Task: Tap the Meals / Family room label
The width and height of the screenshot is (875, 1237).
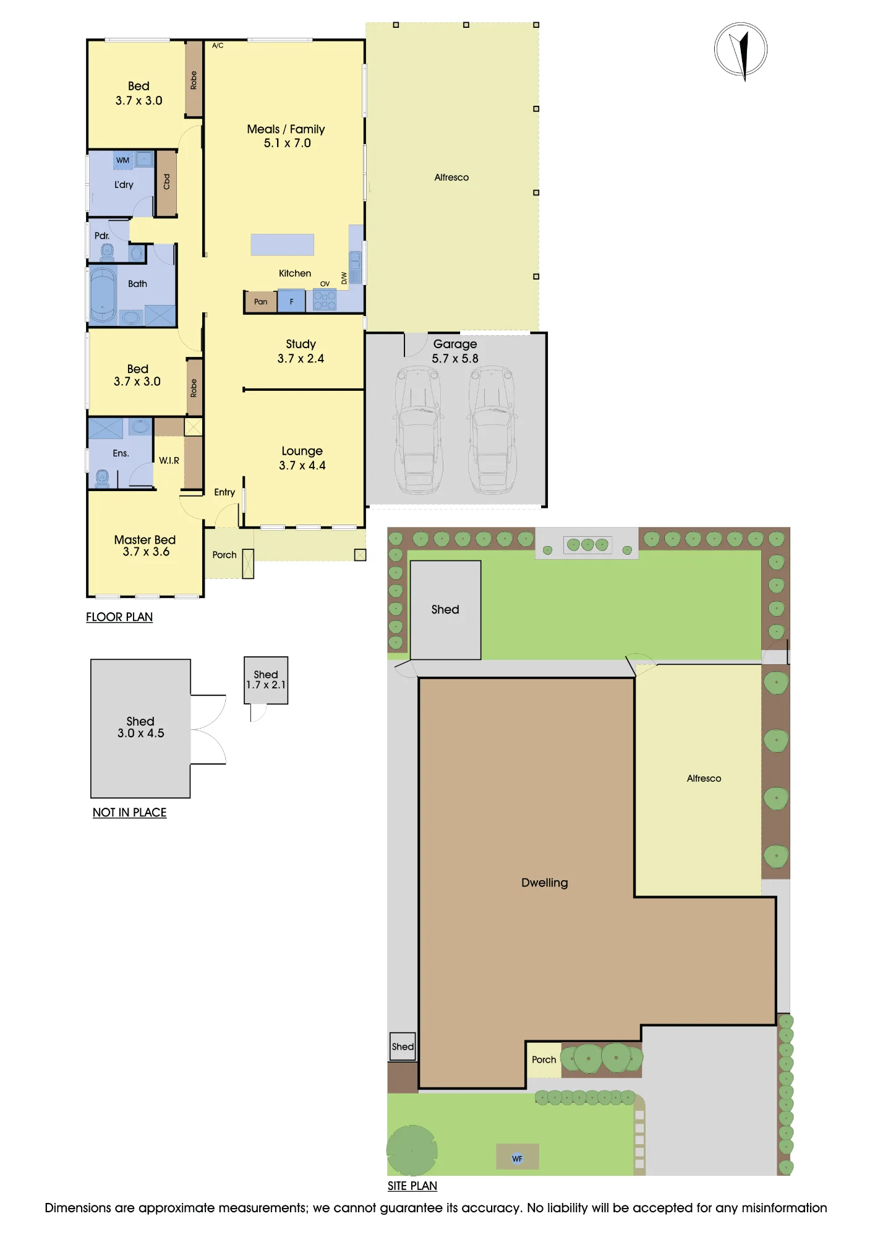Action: (286, 129)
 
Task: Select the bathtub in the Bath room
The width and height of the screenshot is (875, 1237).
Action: (103, 295)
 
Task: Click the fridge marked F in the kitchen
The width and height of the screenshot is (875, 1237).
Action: (291, 302)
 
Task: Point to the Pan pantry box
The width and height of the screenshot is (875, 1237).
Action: (260, 302)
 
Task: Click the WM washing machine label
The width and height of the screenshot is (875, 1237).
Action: (123, 160)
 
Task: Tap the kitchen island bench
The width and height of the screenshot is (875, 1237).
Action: (282, 244)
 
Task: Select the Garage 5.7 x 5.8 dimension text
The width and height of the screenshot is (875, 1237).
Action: (455, 359)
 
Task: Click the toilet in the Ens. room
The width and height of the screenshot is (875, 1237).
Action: (103, 478)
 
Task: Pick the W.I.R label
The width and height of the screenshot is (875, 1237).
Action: (169, 461)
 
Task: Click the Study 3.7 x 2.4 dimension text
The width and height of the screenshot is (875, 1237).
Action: (301, 359)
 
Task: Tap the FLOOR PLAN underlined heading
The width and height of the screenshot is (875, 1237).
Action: (119, 617)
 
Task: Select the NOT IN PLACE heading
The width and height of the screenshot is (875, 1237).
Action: (129, 813)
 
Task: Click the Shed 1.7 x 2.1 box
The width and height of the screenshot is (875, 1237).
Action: (266, 680)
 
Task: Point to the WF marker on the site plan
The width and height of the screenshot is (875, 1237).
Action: (518, 1159)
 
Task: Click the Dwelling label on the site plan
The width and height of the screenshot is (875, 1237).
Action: (544, 883)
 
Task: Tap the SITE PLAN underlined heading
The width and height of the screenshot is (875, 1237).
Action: (412, 1186)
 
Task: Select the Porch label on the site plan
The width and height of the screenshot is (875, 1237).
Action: (544, 1059)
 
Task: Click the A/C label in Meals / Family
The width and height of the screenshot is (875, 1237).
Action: (218, 46)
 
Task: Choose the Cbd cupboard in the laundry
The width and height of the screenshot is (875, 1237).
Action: (166, 182)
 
